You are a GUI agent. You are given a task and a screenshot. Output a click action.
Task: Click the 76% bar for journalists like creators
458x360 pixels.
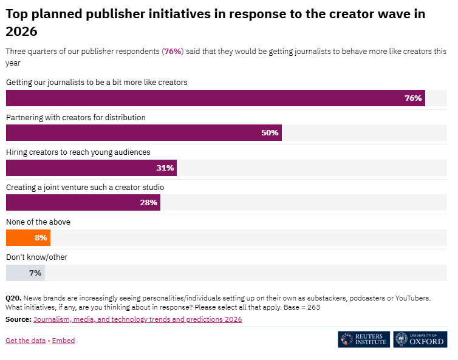pos(215,98)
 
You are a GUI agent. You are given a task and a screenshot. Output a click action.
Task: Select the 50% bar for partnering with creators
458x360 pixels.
pos(143,133)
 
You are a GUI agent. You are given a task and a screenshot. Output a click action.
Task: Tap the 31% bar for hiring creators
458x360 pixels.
pos(91,168)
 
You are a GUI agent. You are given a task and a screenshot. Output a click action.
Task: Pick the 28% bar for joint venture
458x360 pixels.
pos(83,203)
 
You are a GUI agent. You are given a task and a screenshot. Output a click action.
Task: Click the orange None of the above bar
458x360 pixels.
pos(28,238)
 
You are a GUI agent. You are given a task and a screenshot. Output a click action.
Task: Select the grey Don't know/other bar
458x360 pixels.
pos(25,273)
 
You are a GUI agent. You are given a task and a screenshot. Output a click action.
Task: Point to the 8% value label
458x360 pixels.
pos(41,238)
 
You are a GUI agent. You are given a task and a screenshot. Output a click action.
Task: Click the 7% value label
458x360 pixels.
pos(35,273)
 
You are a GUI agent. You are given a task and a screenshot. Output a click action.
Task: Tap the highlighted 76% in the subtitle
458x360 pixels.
pos(173,52)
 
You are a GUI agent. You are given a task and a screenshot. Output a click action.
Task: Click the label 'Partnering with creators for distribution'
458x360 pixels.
pos(76,117)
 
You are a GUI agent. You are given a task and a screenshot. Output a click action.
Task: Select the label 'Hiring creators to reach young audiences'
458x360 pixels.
pos(78,152)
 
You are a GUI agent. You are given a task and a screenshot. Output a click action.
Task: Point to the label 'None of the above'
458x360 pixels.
pos(38,222)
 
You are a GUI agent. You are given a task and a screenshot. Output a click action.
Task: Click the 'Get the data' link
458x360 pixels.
pos(26,341)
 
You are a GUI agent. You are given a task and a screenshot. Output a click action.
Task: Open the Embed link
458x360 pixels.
pos(64,341)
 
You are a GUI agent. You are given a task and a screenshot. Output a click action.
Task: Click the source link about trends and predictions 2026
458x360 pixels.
pos(137,319)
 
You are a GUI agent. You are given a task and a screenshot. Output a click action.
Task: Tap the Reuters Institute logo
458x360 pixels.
pos(364,339)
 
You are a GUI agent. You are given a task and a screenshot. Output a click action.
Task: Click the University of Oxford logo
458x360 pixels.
pos(420,339)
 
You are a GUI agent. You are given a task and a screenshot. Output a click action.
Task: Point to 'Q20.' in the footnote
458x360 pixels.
pos(14,298)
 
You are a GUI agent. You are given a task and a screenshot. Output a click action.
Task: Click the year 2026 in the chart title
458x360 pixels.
pos(21,32)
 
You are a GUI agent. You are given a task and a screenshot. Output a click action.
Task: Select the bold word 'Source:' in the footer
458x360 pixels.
pos(18,319)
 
